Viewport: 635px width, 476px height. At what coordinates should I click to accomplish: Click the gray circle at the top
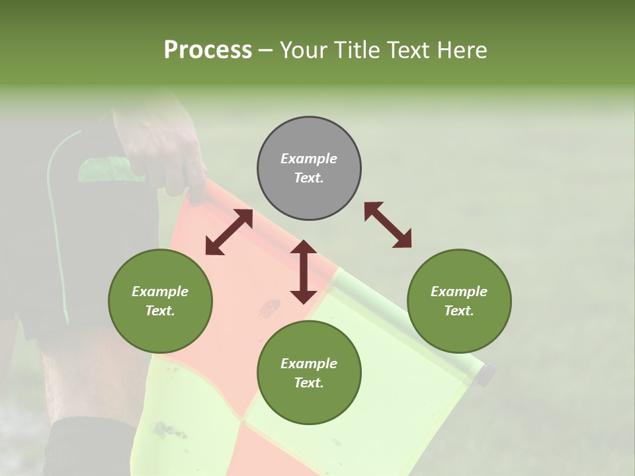click(x=309, y=168)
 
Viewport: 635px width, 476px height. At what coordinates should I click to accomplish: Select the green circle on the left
click(x=160, y=301)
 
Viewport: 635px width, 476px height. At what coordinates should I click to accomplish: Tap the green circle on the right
click(x=459, y=301)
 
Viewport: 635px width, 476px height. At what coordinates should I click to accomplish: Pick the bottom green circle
click(x=309, y=373)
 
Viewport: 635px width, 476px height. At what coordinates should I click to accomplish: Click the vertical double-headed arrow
click(x=304, y=272)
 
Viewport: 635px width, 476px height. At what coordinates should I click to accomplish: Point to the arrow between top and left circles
click(x=229, y=233)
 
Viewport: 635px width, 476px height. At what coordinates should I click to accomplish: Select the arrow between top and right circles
click(x=388, y=225)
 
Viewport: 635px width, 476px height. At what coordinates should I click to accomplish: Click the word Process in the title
click(x=208, y=50)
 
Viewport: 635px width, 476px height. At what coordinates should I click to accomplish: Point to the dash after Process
click(x=266, y=50)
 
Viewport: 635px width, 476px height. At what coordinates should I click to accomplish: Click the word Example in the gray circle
click(x=309, y=159)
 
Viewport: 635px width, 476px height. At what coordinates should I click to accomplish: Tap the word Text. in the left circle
click(x=160, y=311)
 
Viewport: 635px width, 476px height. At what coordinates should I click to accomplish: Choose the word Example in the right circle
click(x=459, y=292)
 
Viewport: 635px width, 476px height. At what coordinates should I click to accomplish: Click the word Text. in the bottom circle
click(x=309, y=383)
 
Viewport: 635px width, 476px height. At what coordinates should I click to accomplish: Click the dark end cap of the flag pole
click(x=487, y=374)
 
